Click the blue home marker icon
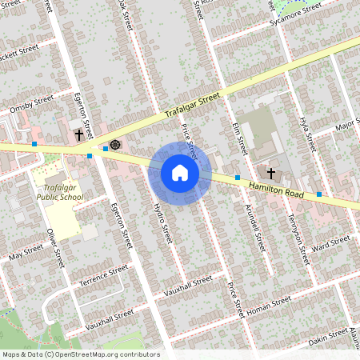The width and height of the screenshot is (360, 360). [179, 173]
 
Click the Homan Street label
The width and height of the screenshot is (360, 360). [270, 305]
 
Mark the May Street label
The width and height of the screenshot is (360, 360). [25, 254]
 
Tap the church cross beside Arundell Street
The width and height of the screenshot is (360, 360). [270, 173]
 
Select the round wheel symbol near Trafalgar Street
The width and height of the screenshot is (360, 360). [114, 145]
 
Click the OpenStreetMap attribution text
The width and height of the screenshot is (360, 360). [80, 354]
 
